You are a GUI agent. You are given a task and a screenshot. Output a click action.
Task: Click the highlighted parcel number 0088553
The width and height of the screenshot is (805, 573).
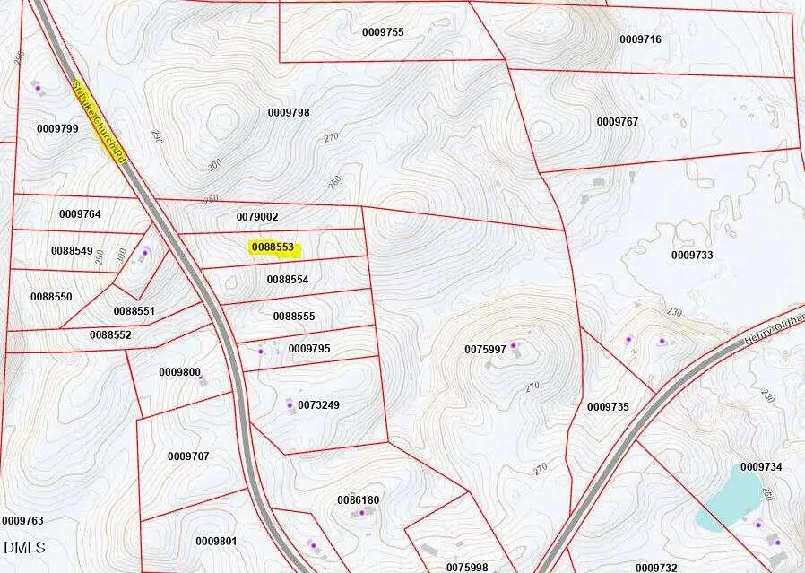click(x=273, y=247)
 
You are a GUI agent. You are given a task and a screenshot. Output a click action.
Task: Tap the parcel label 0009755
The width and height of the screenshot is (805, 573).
click(x=383, y=32)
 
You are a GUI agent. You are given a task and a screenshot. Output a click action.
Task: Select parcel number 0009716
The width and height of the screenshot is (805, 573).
click(x=640, y=39)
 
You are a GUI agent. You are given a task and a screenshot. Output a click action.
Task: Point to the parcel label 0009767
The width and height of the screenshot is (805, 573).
click(x=618, y=121)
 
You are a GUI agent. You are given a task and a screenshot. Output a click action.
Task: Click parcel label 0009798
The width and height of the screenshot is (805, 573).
click(x=289, y=112)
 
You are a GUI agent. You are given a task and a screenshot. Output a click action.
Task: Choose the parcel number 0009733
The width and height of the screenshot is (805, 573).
click(x=692, y=255)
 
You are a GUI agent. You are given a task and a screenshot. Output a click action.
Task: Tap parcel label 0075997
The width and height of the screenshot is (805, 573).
click(x=485, y=349)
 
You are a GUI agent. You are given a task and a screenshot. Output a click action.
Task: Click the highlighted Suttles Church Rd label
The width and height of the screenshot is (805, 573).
click(x=98, y=122)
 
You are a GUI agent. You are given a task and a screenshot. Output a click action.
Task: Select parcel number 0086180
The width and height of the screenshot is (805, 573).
click(x=358, y=499)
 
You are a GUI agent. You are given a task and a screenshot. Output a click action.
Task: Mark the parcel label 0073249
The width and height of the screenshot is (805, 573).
click(x=318, y=405)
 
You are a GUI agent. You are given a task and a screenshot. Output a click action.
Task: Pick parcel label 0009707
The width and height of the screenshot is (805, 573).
click(x=188, y=456)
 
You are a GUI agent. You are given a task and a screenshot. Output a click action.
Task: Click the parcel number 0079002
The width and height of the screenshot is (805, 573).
click(x=257, y=217)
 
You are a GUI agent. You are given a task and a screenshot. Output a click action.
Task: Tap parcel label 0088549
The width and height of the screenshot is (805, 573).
click(x=72, y=251)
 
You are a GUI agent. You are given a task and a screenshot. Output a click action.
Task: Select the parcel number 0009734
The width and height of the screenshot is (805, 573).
click(x=761, y=467)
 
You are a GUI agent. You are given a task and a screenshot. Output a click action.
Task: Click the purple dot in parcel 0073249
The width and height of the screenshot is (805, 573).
click(x=290, y=405)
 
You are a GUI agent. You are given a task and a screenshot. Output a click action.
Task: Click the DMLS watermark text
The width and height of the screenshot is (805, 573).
click(x=24, y=547)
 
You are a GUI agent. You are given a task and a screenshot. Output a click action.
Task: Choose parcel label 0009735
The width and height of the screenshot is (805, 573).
click(x=608, y=407)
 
